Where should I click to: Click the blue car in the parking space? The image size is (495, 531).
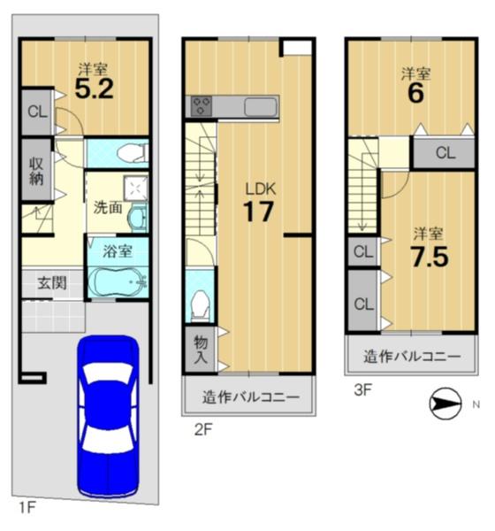point(108,416)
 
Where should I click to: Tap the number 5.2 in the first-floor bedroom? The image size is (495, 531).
point(94,89)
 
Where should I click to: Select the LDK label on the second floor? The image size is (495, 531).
point(261,189)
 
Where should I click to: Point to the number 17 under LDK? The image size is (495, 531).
point(258,212)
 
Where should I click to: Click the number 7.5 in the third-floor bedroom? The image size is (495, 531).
point(430,257)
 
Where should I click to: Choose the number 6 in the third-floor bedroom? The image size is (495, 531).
point(415,94)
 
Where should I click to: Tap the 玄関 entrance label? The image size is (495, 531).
point(52,283)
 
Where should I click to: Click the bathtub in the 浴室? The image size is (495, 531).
point(118,282)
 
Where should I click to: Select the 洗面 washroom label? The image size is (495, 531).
point(108,207)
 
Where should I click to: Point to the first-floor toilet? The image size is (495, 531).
point(133,154)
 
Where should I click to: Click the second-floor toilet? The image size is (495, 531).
point(200,306)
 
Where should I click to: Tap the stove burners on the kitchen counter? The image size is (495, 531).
point(202,106)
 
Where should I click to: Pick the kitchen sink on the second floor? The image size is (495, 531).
point(261,107)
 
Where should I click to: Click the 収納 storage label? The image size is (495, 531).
point(36,172)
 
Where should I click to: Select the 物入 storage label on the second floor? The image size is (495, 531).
point(201,350)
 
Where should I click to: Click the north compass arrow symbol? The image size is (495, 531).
point(445,404)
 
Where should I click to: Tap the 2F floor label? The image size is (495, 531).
point(203,430)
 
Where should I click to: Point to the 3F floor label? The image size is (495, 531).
point(362,390)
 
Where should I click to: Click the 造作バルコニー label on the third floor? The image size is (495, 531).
point(412,357)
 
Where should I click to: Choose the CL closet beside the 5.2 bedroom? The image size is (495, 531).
point(37,112)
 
